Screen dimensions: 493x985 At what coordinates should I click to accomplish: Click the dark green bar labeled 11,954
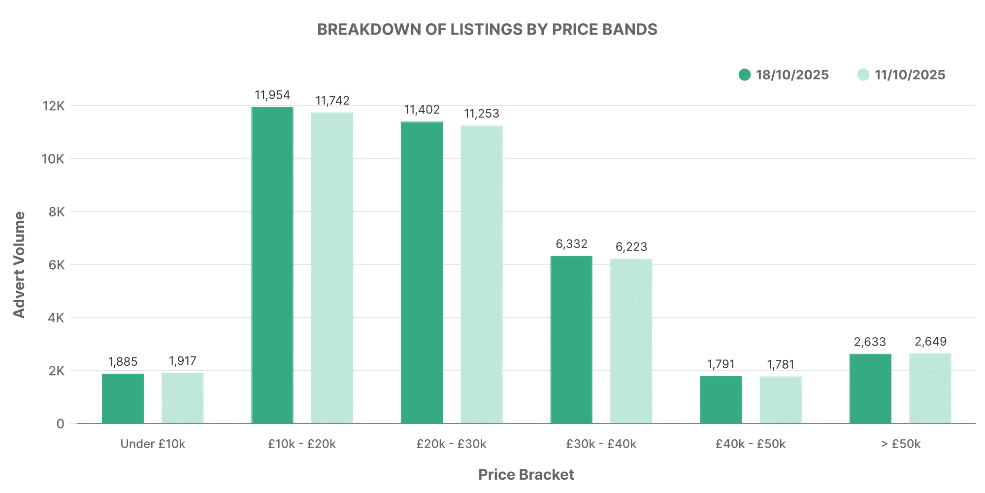[272, 265]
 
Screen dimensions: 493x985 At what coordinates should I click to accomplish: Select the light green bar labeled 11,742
[332, 268]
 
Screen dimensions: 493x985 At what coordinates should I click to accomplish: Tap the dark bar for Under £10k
[123, 398]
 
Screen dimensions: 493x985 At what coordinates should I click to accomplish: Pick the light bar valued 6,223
[631, 341]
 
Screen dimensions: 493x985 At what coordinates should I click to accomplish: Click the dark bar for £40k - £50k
[721, 400]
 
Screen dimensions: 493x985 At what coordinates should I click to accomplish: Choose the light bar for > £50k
[930, 388]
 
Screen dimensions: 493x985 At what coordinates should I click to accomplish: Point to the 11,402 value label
[422, 109]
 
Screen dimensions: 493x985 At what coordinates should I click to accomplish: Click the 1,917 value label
[182, 361]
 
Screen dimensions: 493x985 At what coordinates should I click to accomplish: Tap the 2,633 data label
[870, 342]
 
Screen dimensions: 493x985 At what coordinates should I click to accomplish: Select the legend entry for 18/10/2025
[784, 75]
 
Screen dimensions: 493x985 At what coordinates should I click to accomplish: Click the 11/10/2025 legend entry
[902, 75]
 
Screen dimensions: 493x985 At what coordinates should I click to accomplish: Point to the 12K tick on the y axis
[53, 106]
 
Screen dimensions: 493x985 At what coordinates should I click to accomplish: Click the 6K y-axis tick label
[57, 265]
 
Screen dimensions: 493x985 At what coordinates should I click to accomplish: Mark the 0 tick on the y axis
[60, 424]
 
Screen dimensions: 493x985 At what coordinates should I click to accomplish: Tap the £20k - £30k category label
[451, 444]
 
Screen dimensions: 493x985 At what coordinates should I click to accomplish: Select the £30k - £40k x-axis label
[601, 444]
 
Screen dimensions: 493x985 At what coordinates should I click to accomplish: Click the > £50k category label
[900, 444]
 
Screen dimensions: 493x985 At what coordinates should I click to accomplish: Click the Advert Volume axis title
[19, 265]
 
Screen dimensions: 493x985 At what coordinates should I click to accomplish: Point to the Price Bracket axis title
[526, 475]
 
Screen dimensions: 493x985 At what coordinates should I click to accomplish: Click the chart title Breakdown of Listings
[487, 30]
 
